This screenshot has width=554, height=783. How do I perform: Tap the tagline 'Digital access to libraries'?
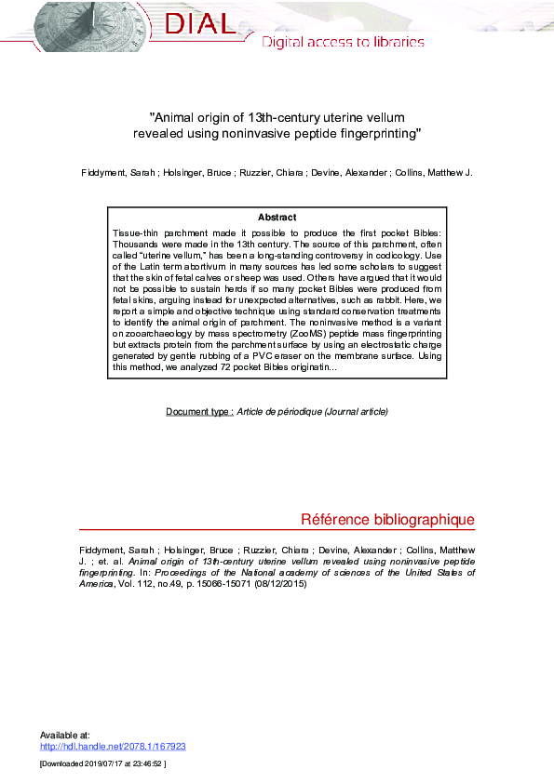343,42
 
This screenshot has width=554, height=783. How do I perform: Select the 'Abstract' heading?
277,218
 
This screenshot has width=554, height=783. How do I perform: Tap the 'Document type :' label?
199,411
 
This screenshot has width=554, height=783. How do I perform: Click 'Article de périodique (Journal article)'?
312,411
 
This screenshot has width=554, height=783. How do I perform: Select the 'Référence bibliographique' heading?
387,520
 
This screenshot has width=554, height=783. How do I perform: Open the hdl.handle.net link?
113,746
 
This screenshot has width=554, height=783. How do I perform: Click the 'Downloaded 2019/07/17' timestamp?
102,763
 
